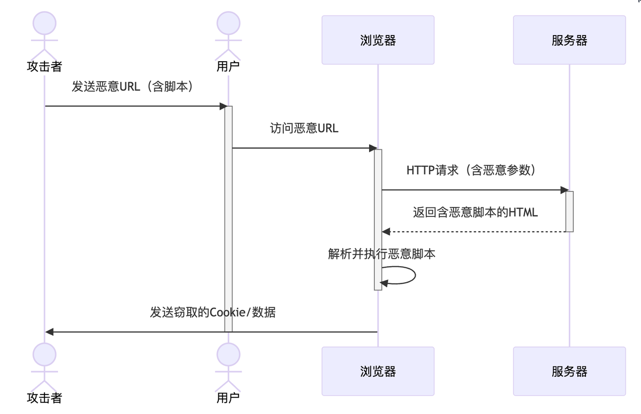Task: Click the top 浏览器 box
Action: [x=378, y=40]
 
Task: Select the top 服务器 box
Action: [x=569, y=40]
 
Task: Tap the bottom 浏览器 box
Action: [x=378, y=371]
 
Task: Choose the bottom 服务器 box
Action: [x=569, y=371]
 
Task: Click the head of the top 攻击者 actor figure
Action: [x=45, y=24]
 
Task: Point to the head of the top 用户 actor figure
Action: [x=228, y=24]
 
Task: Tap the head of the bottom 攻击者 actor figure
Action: [x=45, y=355]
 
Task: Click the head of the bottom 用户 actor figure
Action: [x=228, y=355]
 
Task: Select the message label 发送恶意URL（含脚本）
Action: [x=133, y=87]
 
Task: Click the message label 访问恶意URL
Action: [x=304, y=128]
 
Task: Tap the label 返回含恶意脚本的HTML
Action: [x=475, y=212]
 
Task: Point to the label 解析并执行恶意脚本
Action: [x=382, y=254]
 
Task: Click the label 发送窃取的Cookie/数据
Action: [x=213, y=313]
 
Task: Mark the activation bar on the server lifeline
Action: [x=569, y=211]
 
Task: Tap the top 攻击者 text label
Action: [x=45, y=67]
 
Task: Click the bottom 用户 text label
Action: [x=228, y=398]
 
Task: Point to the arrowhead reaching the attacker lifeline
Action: [x=49, y=332]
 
